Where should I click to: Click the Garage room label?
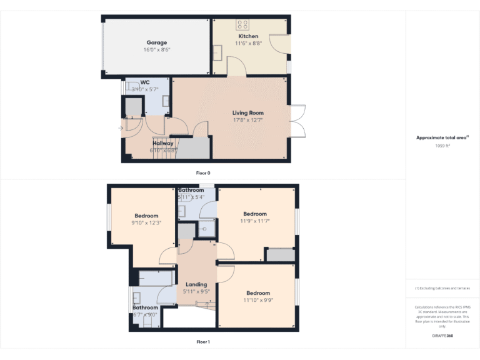coord(157,42)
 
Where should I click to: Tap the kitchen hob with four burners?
coord(242,25)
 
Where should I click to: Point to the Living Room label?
coord(248,112)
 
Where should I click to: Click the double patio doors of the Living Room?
coord(297,121)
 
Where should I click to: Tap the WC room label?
coord(145,82)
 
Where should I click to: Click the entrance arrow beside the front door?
coord(121,129)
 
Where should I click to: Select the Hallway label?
coord(163,143)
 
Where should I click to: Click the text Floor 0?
coord(203,172)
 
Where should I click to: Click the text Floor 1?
coord(203,342)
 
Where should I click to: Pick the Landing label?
coord(196,284)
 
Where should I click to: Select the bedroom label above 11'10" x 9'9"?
coord(258,292)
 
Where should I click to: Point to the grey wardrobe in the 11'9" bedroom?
coord(280,255)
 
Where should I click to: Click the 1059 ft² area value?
coord(442,146)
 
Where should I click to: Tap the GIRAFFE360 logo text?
coord(442,336)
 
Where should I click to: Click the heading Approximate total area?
coord(441,137)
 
